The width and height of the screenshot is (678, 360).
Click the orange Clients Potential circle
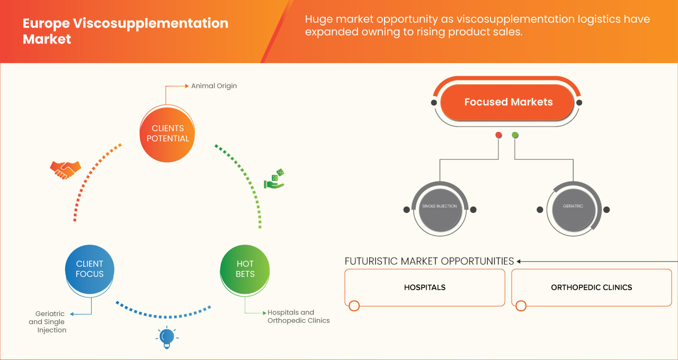tap(167, 133)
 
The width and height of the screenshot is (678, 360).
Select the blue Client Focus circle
tap(90, 268)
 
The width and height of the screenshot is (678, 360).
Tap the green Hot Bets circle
tap(245, 268)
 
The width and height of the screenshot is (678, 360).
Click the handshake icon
tap(65, 169)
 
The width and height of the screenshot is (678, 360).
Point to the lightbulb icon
tap(167, 337)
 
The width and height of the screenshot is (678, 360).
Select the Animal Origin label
tap(214, 86)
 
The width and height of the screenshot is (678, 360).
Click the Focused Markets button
tap(508, 102)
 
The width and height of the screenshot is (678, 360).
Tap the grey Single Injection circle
tap(439, 206)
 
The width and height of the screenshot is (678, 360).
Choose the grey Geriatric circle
tap(573, 206)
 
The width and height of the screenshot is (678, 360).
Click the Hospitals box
tap(425, 287)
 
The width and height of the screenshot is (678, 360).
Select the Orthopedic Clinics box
tap(591, 287)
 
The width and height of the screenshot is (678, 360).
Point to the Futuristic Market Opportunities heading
tap(429, 261)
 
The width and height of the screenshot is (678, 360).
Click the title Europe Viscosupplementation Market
tap(126, 31)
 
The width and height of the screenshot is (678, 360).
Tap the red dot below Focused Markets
tap(498, 136)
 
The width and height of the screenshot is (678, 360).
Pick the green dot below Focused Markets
tap(515, 136)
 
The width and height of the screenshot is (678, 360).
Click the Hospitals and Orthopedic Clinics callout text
tap(298, 317)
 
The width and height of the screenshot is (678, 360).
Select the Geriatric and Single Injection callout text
tap(48, 322)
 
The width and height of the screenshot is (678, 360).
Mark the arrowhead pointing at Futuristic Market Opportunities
tap(519, 261)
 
